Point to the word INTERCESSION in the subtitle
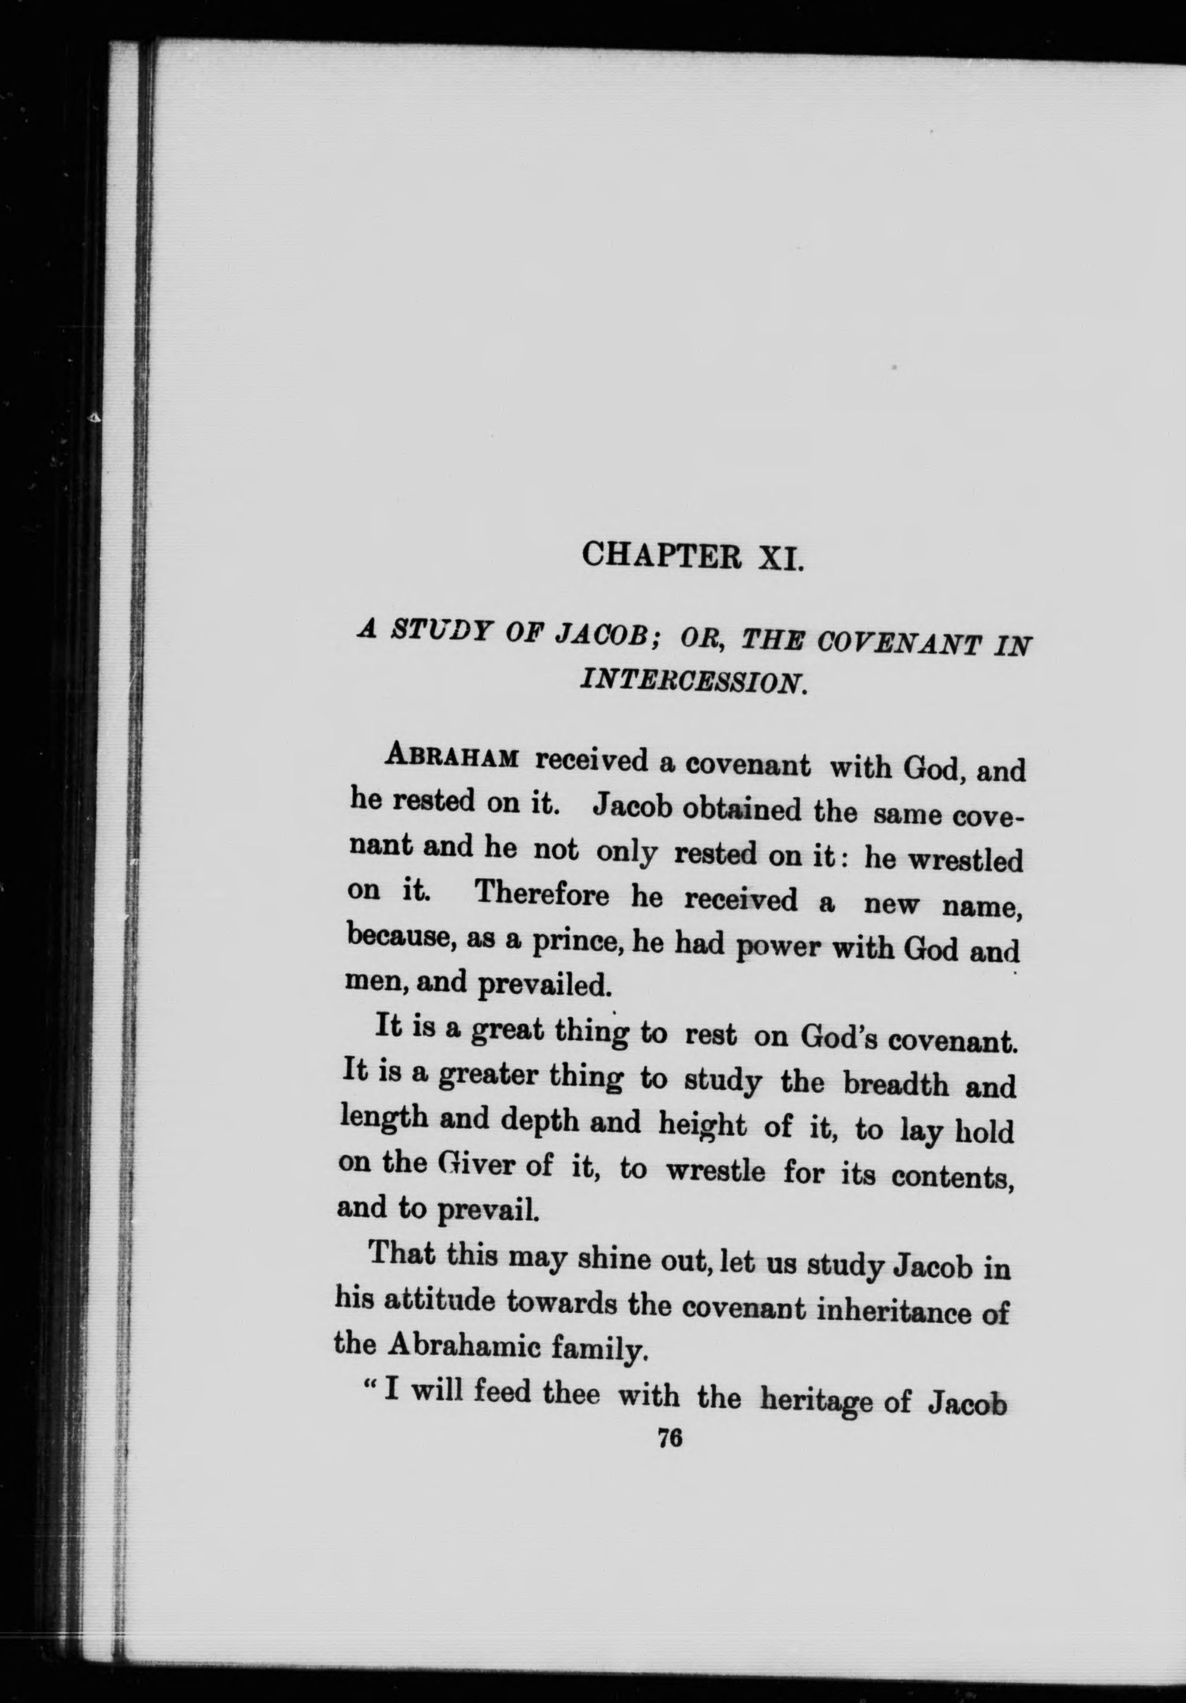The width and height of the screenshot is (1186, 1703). (690, 679)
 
